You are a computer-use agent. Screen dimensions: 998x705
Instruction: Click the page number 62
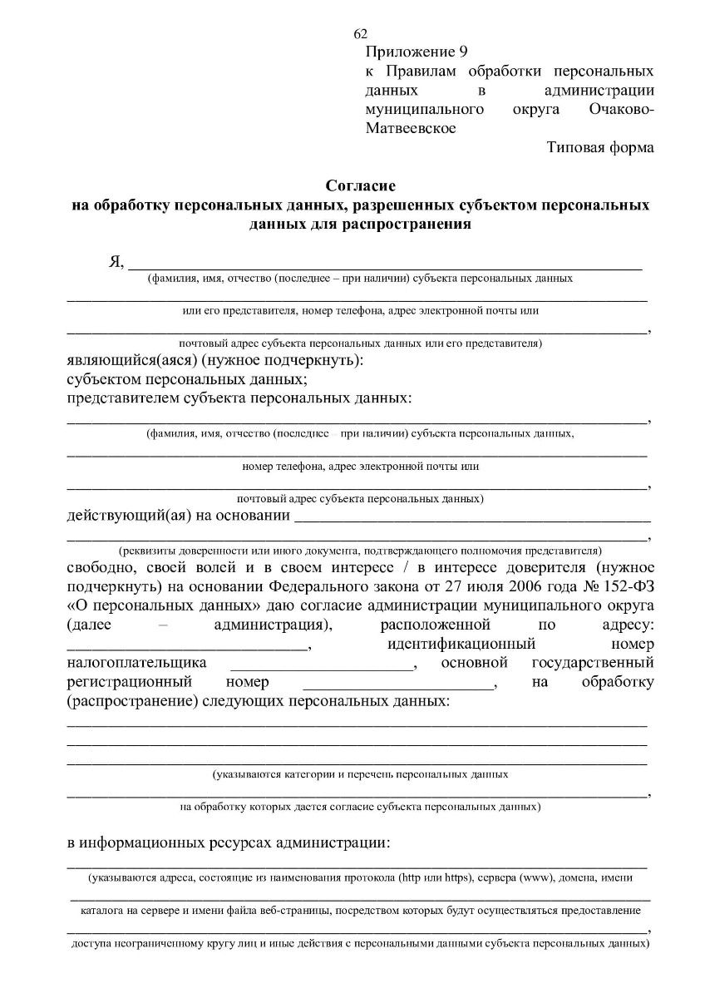coord(360,34)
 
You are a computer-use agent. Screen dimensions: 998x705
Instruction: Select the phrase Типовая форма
coord(600,148)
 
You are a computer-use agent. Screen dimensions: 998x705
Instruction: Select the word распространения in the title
coord(401,224)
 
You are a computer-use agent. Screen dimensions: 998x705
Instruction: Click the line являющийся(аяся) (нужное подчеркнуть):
coord(214,361)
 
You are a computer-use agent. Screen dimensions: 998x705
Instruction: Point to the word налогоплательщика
coord(136,664)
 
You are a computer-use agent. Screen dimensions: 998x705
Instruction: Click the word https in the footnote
coord(458,878)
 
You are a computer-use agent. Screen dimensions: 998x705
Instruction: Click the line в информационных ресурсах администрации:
coord(228,843)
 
